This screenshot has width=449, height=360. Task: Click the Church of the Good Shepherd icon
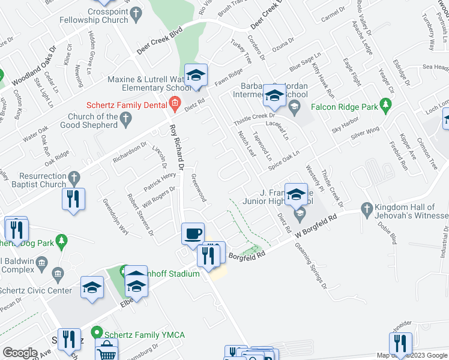[126, 121]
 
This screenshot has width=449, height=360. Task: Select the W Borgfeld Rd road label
[316, 224]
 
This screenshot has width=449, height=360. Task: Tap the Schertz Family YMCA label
[144, 335]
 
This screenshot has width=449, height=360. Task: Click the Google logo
[20, 353]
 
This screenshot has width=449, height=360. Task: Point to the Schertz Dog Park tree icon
[61, 241]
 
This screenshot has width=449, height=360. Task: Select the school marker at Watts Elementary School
[196, 75]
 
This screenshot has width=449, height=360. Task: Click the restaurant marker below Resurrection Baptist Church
[73, 199]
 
